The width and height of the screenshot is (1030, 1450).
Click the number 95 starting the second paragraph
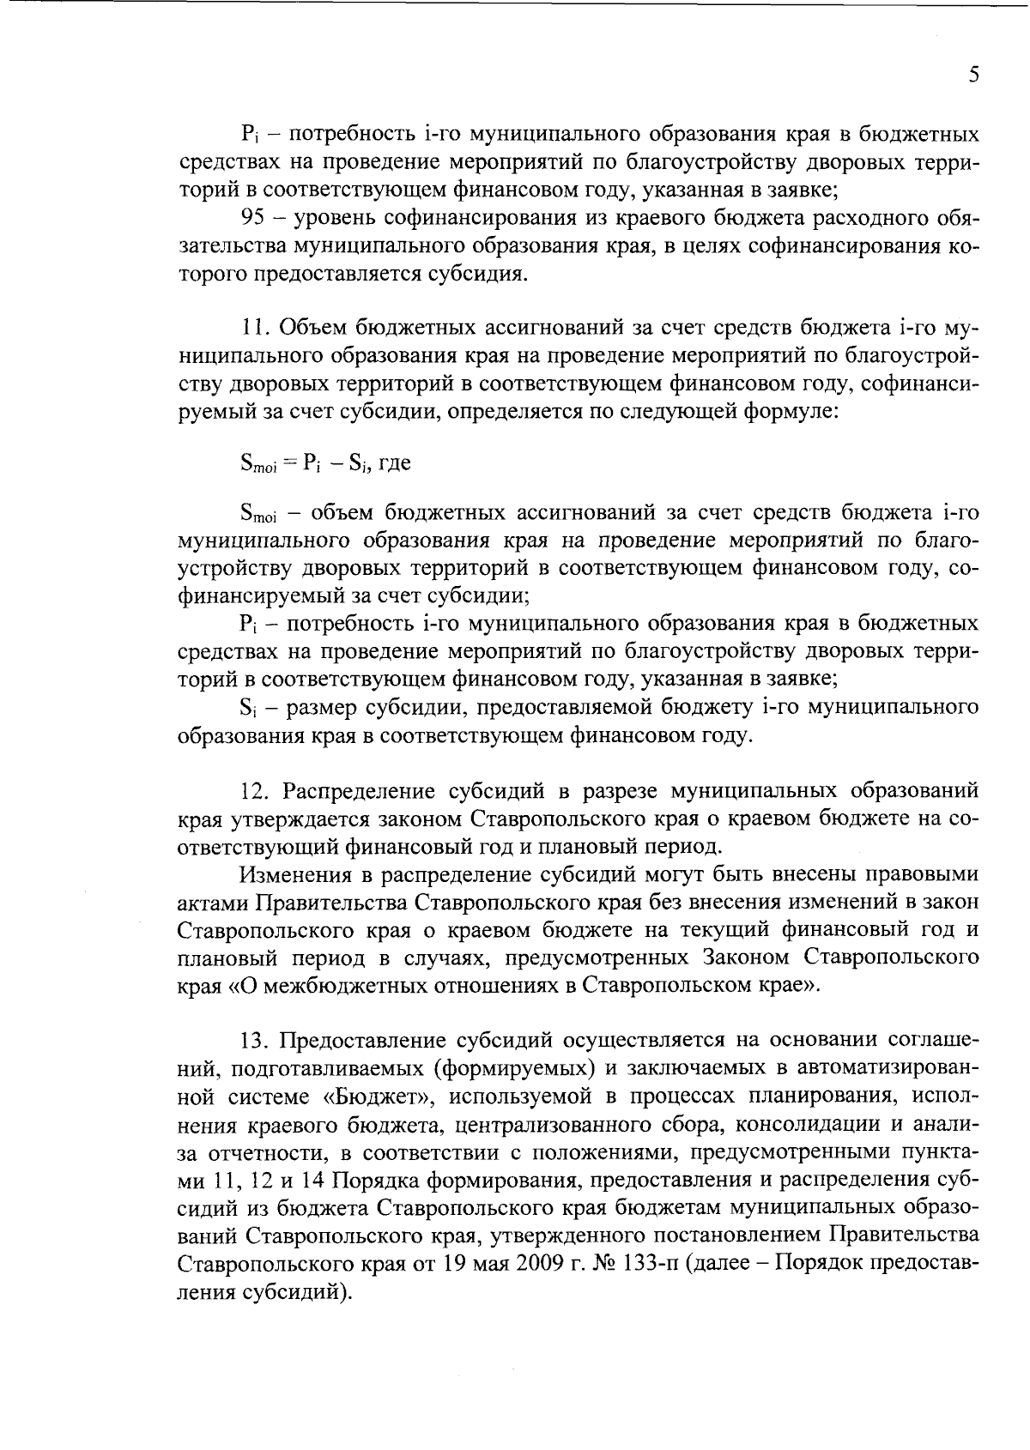[x=257, y=219]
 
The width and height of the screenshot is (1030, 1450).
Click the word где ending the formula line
[x=394, y=464]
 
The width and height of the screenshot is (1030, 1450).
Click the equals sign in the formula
[x=288, y=464]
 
